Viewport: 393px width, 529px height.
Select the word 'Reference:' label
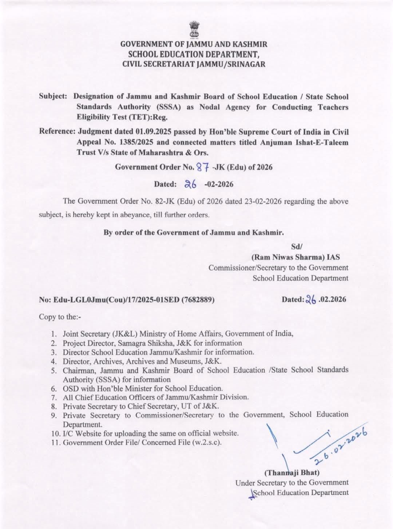pos(57,132)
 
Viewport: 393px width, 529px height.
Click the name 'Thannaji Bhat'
pos(292,473)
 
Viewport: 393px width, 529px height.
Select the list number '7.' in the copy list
pos(55,397)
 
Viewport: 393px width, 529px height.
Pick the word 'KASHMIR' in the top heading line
pos(250,45)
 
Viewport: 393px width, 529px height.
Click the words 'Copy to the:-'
pos(60,317)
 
